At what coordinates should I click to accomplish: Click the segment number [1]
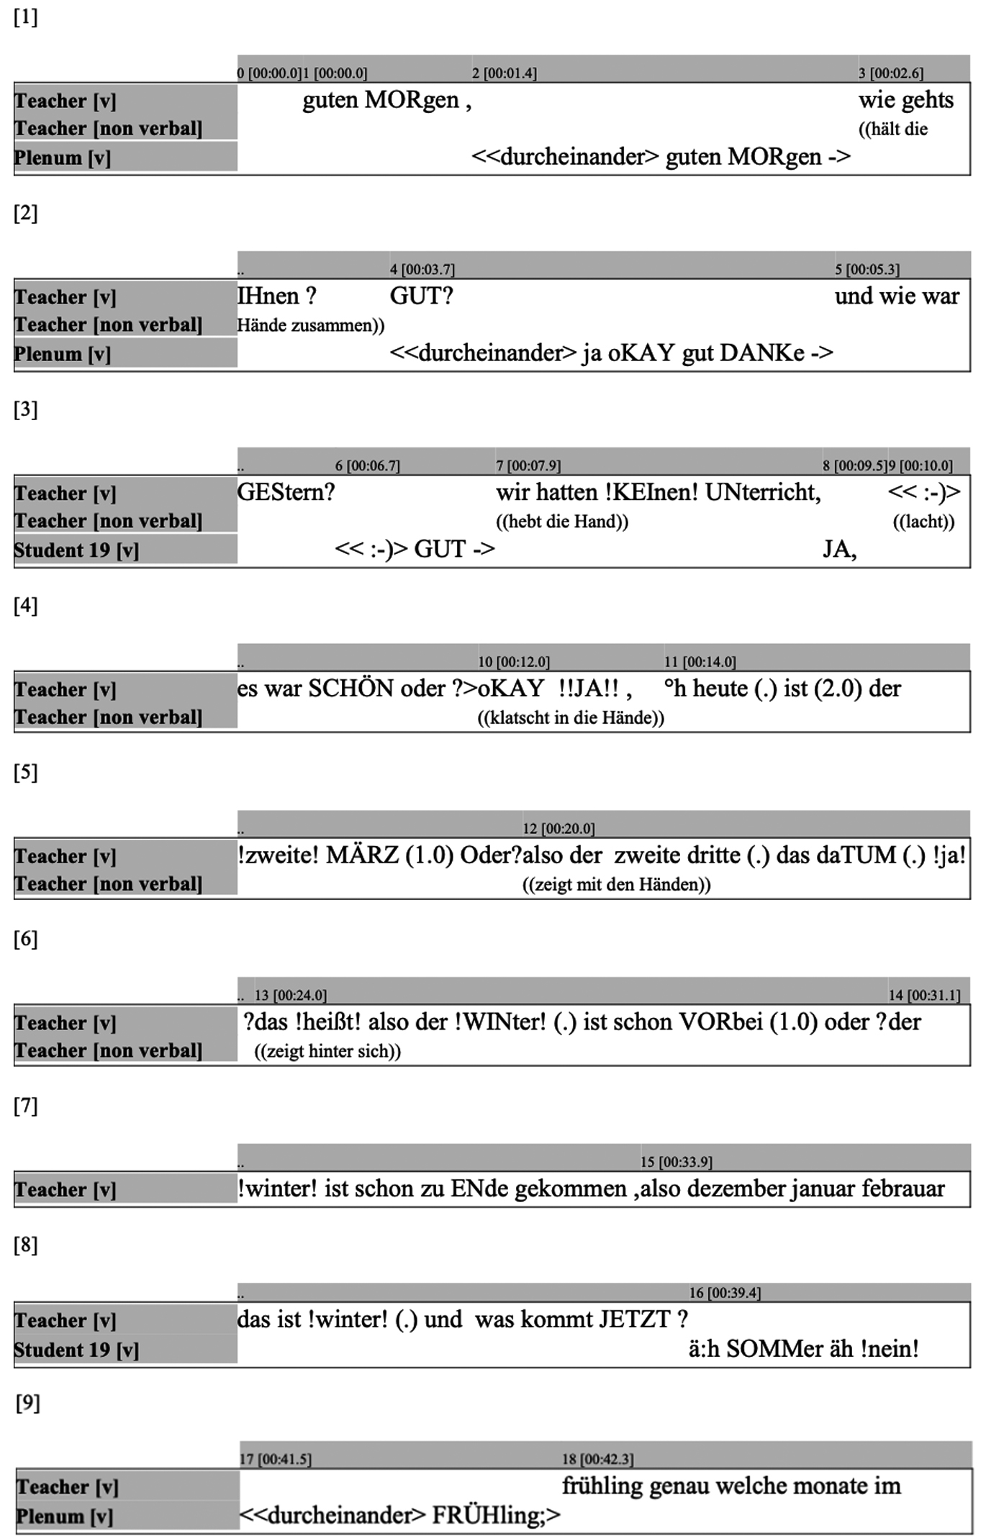tap(25, 18)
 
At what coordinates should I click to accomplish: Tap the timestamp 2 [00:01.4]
tap(504, 73)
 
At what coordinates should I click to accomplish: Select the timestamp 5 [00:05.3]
tap(867, 270)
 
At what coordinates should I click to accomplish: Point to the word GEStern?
tap(286, 493)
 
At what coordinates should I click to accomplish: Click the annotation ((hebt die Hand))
tap(561, 522)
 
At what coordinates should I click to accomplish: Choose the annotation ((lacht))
tap(923, 522)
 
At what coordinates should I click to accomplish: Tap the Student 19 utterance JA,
tap(839, 550)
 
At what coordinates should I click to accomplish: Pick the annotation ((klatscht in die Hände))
tap(571, 718)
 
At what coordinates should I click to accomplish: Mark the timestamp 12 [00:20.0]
tap(558, 829)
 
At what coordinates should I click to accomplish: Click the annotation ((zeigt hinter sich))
tap(327, 1051)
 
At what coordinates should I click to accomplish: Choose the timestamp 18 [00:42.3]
tap(597, 1459)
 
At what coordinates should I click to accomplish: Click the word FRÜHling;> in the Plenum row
tap(495, 1515)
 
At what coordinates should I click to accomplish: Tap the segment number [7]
tap(25, 1106)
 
